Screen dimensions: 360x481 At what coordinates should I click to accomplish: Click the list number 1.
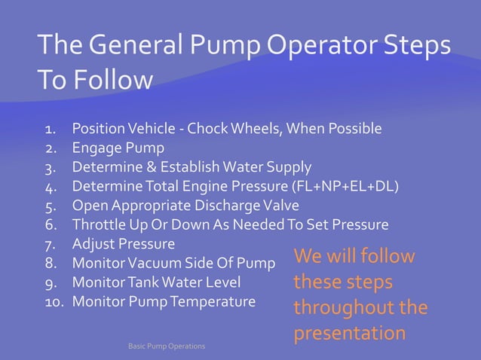coord(51,129)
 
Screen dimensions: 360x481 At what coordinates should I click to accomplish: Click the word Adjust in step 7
coord(91,244)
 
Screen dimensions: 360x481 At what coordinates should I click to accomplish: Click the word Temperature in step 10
coord(215,302)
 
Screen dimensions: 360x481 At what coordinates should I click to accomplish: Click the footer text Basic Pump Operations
coord(167,346)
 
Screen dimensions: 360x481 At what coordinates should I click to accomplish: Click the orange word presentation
coord(349,333)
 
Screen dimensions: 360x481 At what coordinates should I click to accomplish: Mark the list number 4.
coord(51,186)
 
